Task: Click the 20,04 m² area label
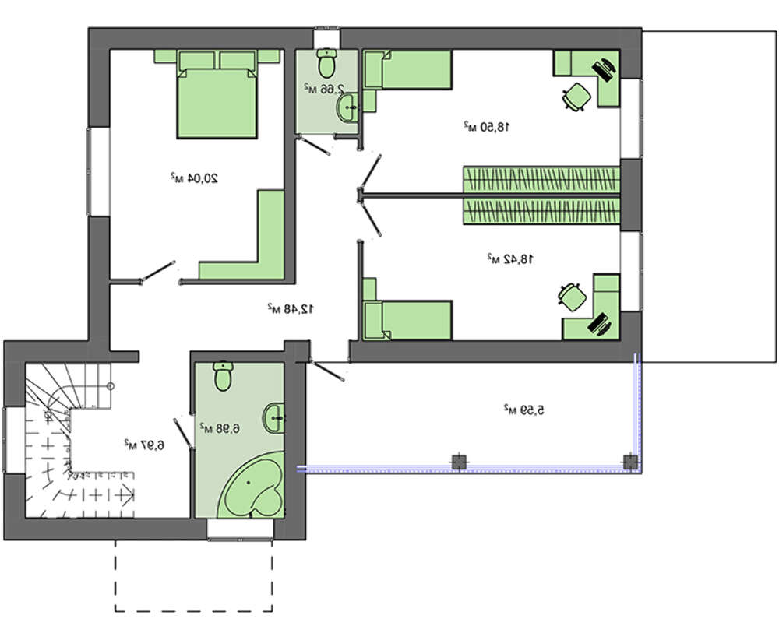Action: pyautogui.click(x=194, y=178)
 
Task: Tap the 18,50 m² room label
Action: pyautogui.click(x=487, y=126)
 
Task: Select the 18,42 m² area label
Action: pyautogui.click(x=509, y=258)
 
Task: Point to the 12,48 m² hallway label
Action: pyautogui.click(x=291, y=308)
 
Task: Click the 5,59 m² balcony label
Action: pyautogui.click(x=524, y=410)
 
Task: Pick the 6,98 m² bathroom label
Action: pyautogui.click(x=220, y=428)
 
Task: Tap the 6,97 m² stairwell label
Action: pyautogui.click(x=144, y=445)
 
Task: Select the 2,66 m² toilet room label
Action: pyautogui.click(x=325, y=89)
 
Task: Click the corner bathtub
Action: pyautogui.click(x=252, y=484)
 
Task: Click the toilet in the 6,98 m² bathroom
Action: pyautogui.click(x=223, y=376)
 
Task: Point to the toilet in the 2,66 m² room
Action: pyautogui.click(x=326, y=63)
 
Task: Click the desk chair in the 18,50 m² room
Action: pyautogui.click(x=576, y=97)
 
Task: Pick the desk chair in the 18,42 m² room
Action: pyautogui.click(x=573, y=297)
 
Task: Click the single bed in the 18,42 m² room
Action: pyautogui.click(x=407, y=320)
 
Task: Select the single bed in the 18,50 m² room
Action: pyautogui.click(x=407, y=69)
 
